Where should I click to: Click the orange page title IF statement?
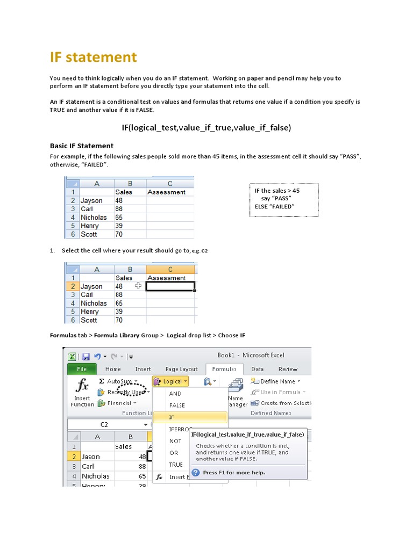(94, 57)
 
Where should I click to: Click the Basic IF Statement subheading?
(82, 146)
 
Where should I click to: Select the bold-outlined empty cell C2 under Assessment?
(170, 286)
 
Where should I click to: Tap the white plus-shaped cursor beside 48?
(138, 286)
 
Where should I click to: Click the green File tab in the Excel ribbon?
(82, 369)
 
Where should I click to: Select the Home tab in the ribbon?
(113, 369)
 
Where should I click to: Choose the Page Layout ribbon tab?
(181, 369)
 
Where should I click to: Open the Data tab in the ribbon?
(257, 369)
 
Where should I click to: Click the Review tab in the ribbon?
(288, 369)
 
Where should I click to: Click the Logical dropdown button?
(171, 381)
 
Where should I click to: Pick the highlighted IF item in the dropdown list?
(172, 417)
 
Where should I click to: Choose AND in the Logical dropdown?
(175, 394)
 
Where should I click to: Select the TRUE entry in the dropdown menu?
(176, 465)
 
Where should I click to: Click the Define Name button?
(275, 381)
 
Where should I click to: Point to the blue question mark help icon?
(196, 473)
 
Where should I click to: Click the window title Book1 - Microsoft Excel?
(251, 355)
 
